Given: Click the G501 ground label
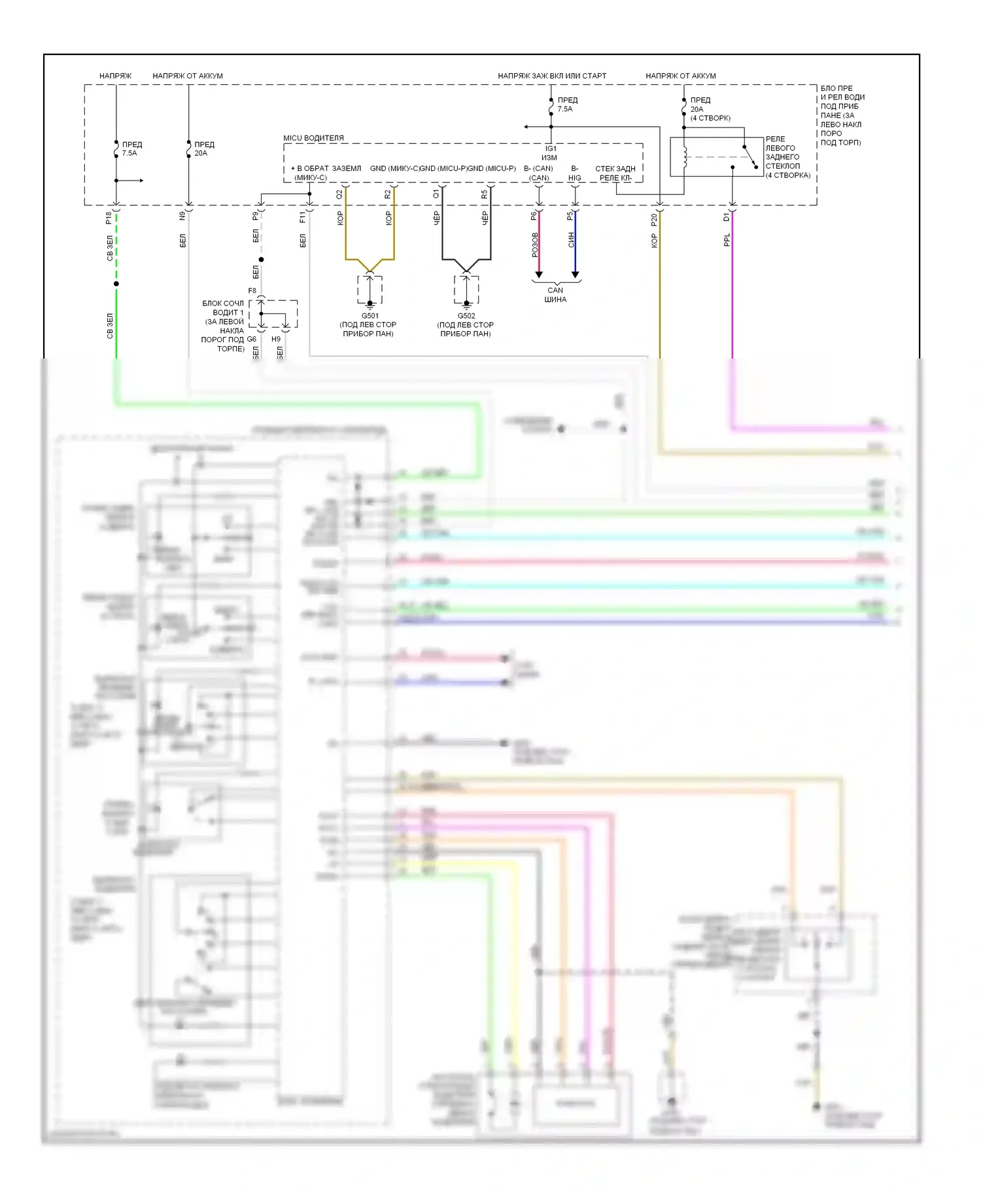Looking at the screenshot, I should [370, 315].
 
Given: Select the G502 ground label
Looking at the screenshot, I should [466, 315].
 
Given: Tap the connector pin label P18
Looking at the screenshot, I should [109, 218].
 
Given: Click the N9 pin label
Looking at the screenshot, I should [182, 215].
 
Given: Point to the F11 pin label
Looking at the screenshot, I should [303, 217].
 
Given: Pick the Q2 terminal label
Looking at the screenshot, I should [339, 194].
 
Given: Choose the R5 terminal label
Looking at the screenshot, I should [485, 194].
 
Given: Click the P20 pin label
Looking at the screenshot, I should [653, 220].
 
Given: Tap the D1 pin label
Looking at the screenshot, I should [726, 217].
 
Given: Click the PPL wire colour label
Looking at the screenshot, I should [727, 240].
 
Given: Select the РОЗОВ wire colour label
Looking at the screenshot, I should [534, 245].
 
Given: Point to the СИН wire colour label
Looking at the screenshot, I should [571, 239].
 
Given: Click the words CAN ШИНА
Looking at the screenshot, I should [555, 294].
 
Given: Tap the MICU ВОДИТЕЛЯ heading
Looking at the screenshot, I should [313, 138].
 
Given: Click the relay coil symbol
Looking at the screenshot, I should [685, 157].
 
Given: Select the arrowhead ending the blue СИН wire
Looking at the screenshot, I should [575, 274].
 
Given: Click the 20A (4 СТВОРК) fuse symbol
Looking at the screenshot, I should [684, 109].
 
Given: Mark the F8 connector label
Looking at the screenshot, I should [252, 290].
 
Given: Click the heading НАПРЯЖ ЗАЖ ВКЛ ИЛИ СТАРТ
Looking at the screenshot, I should [552, 76].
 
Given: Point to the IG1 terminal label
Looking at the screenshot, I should [551, 149].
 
